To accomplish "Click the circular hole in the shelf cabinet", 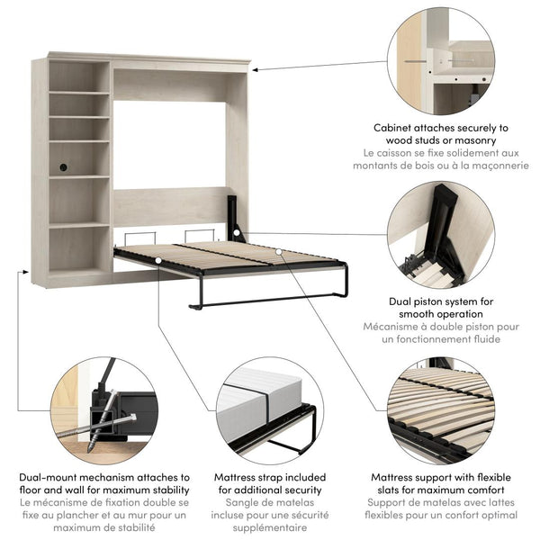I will point(63,166).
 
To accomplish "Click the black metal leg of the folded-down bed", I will point(270,299).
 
